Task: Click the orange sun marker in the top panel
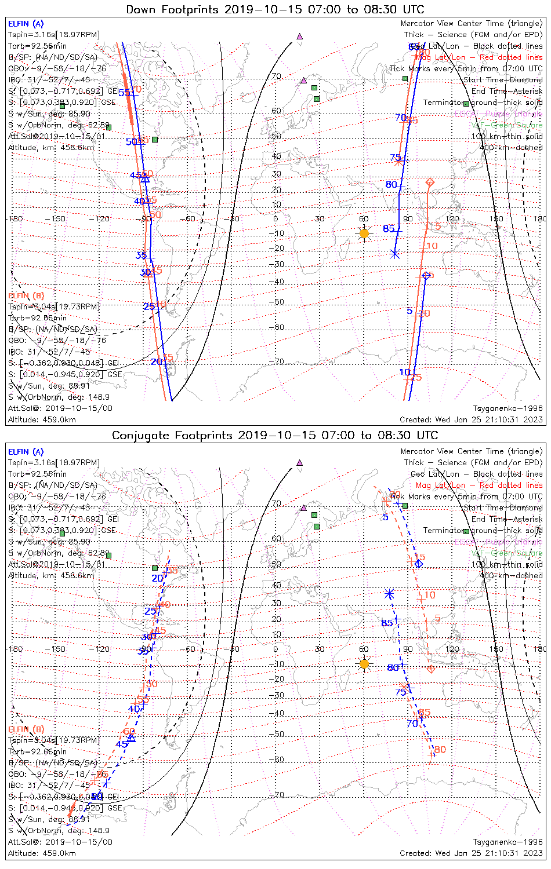(364, 233)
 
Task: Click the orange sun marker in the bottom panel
(364, 664)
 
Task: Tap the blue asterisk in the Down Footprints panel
(395, 253)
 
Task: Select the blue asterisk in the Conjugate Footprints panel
(390, 593)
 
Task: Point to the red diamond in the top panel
(430, 182)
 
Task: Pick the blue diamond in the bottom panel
(419, 564)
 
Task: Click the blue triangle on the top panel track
(146, 179)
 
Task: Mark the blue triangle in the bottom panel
(131, 737)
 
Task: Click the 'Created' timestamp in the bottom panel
(471, 853)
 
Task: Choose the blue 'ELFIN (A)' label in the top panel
(26, 24)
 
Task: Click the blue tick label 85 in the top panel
(389, 229)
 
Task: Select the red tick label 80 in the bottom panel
(440, 750)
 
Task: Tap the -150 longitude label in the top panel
(58, 219)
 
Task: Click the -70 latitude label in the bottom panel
(279, 795)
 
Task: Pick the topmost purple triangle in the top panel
(299, 36)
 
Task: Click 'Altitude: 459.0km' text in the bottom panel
(42, 853)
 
